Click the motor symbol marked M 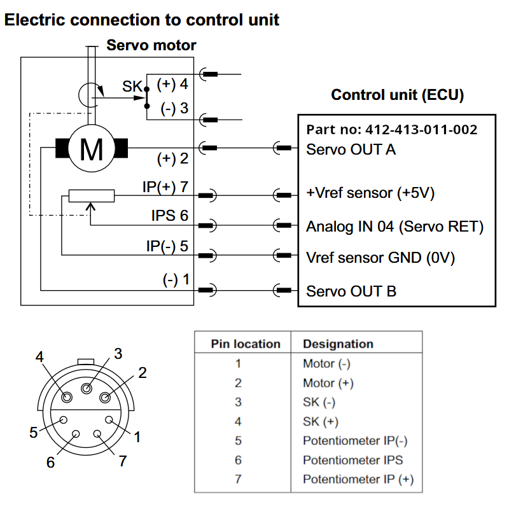point(92,148)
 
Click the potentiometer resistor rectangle point(92,196)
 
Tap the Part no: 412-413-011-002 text point(392,130)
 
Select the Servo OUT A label point(351,150)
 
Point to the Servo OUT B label point(351,291)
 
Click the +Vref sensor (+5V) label point(370,193)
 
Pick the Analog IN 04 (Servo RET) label point(394,227)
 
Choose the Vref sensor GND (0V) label point(380,258)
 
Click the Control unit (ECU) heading point(397,95)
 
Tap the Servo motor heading point(151,45)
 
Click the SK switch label point(132,87)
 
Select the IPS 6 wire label point(170,215)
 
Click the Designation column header point(338,344)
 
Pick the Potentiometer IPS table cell point(353,460)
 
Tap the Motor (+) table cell point(328,383)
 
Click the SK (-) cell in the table point(319,402)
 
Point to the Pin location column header point(246,344)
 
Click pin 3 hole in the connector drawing point(87,388)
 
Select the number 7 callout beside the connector point(122,461)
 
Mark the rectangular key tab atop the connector point(86,361)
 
